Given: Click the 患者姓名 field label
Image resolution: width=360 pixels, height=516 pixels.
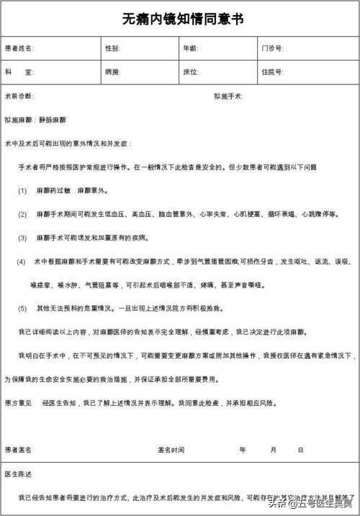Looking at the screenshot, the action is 19,48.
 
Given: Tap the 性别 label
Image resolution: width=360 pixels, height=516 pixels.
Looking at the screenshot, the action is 112,48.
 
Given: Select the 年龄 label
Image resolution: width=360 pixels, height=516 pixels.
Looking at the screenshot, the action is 191,48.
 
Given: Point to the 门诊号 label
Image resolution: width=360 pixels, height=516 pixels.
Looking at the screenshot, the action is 272,48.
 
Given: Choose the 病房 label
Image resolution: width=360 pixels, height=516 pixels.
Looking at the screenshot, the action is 112,72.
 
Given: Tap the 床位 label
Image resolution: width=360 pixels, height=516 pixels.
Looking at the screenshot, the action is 191,72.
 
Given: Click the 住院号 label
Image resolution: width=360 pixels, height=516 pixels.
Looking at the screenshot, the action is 272,72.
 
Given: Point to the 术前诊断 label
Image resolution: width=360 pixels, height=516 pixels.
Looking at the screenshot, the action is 19,96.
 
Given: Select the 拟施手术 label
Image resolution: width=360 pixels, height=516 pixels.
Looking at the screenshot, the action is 229,96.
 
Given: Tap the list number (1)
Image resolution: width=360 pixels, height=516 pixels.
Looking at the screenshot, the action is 22,190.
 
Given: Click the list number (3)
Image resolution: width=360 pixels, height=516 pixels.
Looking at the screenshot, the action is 22,237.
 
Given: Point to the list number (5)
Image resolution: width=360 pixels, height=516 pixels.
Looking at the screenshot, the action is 22,308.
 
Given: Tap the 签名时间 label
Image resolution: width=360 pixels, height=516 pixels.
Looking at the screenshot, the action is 171,449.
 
